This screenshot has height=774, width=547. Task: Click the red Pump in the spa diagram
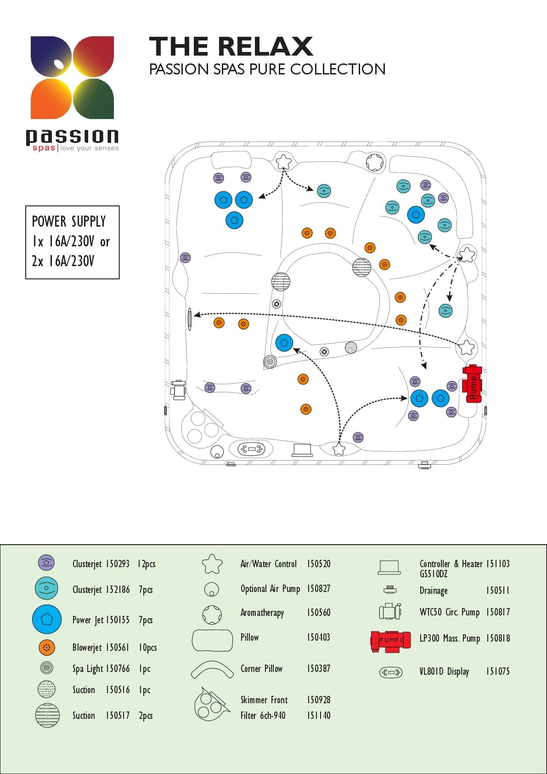tap(472, 383)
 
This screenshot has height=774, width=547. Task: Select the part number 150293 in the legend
tap(118, 564)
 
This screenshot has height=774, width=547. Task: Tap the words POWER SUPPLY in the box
tap(68, 222)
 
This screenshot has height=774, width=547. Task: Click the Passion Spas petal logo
tap(72, 77)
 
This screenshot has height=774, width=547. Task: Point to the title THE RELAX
tap(231, 46)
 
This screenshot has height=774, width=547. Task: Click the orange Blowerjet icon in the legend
tap(46, 648)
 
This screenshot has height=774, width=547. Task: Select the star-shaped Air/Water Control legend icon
tap(212, 564)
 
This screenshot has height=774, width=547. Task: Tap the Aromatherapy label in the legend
tap(262, 613)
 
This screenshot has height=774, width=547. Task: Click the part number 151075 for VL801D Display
tap(497, 672)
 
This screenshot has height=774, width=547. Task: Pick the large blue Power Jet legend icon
tap(46, 619)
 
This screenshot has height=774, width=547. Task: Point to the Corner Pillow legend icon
tap(212, 670)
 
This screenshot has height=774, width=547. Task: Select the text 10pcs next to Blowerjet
tap(147, 648)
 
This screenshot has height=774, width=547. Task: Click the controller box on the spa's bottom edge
tap(302, 450)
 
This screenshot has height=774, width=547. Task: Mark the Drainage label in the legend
tap(433, 591)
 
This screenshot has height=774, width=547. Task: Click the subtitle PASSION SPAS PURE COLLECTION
tap(267, 69)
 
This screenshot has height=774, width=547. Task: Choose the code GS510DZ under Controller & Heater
tap(433, 574)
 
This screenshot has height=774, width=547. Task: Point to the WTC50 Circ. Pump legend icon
tap(389, 611)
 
